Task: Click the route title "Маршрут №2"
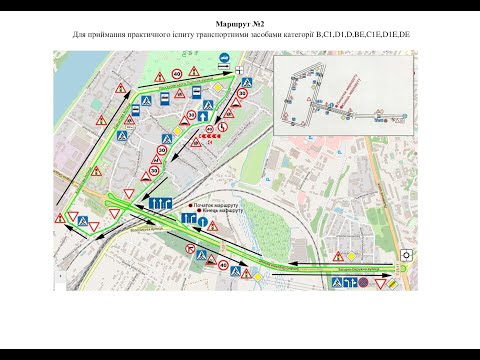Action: (240, 21)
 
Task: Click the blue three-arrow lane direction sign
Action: (162, 203)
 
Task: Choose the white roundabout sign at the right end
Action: (406, 254)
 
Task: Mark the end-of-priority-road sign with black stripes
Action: (394, 284)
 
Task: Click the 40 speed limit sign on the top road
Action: (176, 73)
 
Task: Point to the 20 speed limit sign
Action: (160, 151)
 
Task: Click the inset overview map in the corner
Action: (341, 98)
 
